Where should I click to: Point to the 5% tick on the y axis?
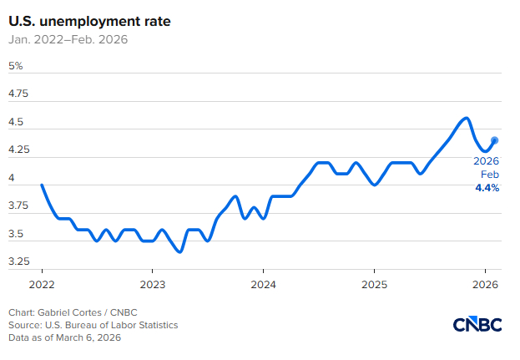coord(16,66)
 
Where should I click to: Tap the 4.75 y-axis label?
coord(18,94)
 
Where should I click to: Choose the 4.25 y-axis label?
coord(18,150)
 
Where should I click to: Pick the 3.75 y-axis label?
coord(18,206)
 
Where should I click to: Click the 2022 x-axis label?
coord(42,284)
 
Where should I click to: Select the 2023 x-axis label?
coord(152,284)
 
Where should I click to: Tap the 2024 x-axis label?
coord(263,284)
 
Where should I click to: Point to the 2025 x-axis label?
coord(374,284)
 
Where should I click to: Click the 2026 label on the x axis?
coord(485,284)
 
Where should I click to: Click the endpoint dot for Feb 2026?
coord(494,140)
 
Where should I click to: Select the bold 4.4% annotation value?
coord(487,188)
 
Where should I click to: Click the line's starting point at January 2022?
coord(42,185)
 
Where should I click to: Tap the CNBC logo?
coord(478,324)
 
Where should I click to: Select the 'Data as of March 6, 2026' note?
coord(65,337)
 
